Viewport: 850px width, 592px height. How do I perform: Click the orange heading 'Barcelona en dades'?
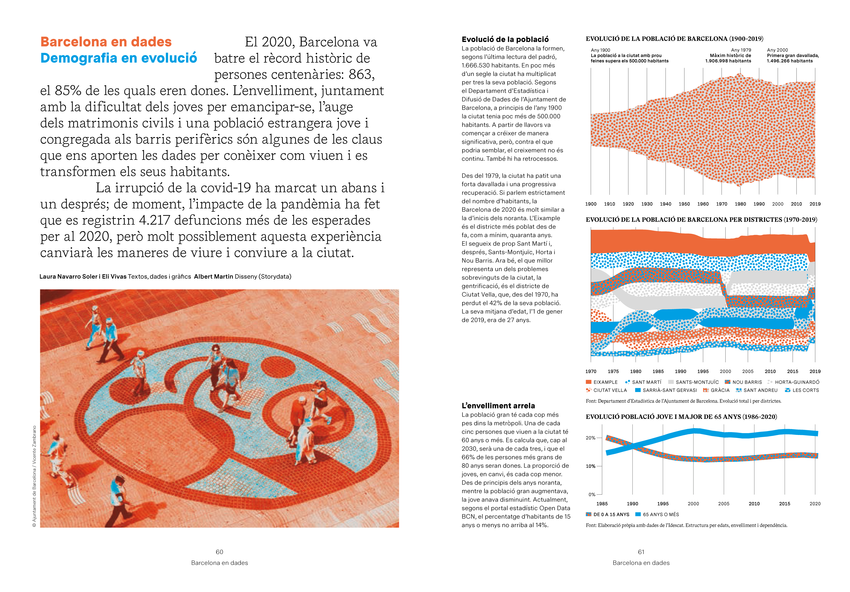pyautogui.click(x=106, y=42)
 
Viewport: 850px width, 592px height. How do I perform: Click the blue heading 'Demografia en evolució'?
pyautogui.click(x=119, y=58)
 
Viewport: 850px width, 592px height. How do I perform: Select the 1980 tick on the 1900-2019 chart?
pyautogui.click(x=740, y=204)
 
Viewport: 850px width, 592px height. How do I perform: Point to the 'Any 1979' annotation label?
pyautogui.click(x=741, y=50)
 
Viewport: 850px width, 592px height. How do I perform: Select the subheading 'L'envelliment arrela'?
pyautogui.click(x=498, y=406)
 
